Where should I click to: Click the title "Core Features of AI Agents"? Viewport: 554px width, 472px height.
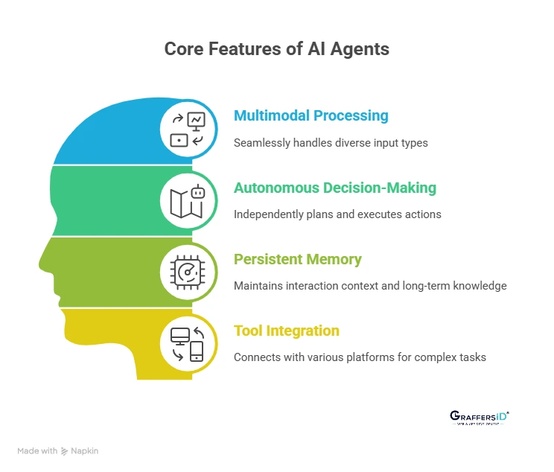(x=276, y=50)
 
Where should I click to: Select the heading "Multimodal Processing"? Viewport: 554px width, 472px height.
(x=311, y=116)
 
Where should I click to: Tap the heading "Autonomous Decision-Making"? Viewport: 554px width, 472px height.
(x=334, y=188)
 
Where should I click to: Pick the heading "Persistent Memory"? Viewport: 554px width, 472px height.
(x=297, y=259)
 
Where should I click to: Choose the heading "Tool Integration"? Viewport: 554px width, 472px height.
(x=286, y=331)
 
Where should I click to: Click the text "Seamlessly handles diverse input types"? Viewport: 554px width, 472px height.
(x=331, y=142)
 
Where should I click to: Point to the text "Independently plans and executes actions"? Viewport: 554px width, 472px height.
(x=337, y=214)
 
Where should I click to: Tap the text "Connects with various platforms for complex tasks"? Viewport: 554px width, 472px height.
(x=360, y=357)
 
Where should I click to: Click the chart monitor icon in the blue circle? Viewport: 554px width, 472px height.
(x=197, y=120)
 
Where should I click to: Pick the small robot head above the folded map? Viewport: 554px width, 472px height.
(x=198, y=191)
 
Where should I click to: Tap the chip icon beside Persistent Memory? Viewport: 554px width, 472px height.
(x=188, y=271)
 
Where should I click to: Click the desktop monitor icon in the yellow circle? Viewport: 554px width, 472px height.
(x=179, y=336)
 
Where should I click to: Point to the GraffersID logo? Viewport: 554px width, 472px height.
(x=480, y=417)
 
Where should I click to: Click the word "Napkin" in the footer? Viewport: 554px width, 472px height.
(x=85, y=450)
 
